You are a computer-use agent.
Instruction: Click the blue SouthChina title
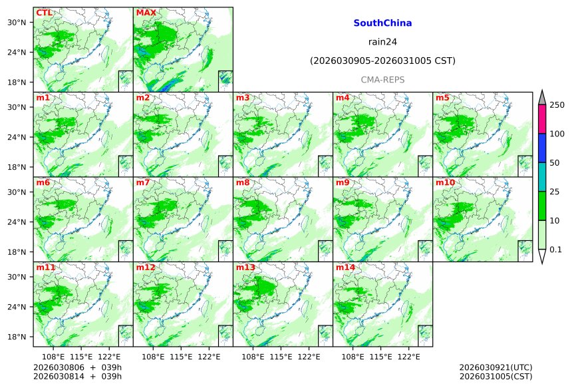coord(382,23)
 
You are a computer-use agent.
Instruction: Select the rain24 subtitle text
coord(382,42)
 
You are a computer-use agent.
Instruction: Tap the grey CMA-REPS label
coord(382,80)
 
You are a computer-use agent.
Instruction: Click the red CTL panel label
coord(44,13)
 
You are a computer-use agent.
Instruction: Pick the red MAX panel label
coord(145,13)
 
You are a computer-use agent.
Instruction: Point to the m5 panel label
coord(442,98)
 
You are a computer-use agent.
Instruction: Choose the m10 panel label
coord(446,182)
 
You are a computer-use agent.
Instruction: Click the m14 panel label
coord(346,268)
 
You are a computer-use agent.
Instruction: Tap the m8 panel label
coord(243,182)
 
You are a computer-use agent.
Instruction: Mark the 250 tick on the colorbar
coord(557,105)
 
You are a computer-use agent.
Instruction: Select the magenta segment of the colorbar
coord(541,119)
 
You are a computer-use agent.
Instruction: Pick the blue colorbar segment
coord(541,148)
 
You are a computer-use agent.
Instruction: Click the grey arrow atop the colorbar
coord(541,97)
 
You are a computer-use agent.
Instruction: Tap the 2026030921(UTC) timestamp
coord(496,367)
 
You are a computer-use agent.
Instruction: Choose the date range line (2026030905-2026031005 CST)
coord(382,61)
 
